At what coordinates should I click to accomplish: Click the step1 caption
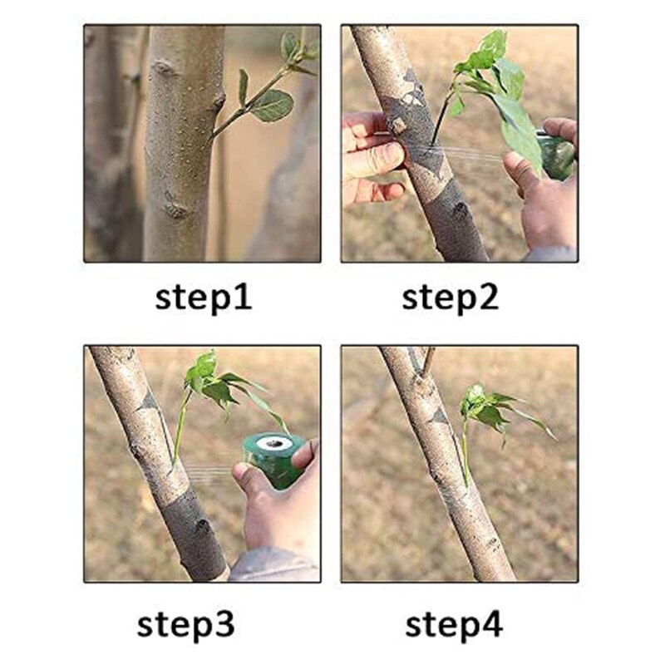pos(204,298)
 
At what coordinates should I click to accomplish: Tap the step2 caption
pos(450,298)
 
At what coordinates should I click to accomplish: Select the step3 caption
pos(185,625)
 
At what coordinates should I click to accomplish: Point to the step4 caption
pos(454,625)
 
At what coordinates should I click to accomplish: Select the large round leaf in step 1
pos(272,106)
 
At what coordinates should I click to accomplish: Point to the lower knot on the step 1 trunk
pos(175,207)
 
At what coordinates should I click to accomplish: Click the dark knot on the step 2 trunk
pos(461,211)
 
